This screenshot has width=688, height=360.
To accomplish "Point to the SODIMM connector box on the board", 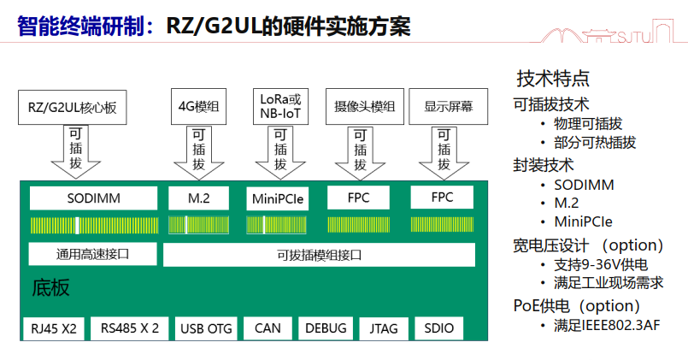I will click(x=94, y=198).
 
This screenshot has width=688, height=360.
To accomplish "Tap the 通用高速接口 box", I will click(x=94, y=254).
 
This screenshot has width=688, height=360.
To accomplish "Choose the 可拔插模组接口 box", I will click(x=320, y=255).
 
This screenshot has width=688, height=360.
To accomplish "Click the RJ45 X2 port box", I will click(x=54, y=328).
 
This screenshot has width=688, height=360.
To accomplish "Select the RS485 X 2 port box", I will click(x=130, y=328).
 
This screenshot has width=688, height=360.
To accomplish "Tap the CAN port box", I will click(x=268, y=328).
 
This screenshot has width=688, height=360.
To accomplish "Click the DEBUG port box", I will click(x=326, y=328).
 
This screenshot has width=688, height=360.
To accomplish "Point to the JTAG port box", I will click(x=384, y=328).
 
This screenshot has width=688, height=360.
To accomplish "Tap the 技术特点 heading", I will click(x=553, y=79).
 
